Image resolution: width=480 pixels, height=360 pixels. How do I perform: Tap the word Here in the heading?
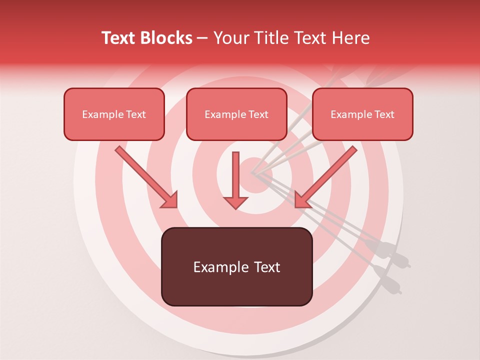[x=351, y=38]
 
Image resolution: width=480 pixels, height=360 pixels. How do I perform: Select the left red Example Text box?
[x=114, y=114]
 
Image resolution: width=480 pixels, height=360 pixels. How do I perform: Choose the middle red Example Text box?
[x=236, y=114]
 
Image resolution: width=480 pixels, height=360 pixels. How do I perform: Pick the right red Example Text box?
[x=362, y=114]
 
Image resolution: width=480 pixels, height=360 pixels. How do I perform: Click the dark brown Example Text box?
[x=236, y=266]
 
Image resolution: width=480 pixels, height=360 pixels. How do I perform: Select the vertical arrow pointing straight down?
[x=236, y=180]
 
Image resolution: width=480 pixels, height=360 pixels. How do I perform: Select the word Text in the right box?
[x=384, y=114]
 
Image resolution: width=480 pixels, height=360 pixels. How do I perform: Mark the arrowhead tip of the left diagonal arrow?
[x=176, y=207]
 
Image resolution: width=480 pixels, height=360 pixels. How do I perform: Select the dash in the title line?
[x=203, y=38]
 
